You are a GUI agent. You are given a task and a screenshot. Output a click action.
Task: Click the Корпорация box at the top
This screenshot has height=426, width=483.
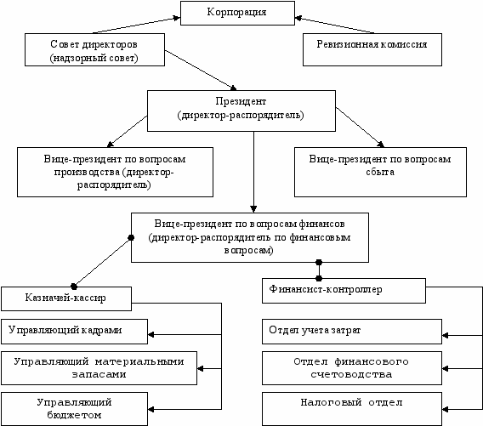237,13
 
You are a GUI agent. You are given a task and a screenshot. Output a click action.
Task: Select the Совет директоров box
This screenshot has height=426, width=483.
94,49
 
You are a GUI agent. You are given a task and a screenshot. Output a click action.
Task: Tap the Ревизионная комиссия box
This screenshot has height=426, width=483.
372,49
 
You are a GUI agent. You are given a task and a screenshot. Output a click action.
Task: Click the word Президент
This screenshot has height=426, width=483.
241,101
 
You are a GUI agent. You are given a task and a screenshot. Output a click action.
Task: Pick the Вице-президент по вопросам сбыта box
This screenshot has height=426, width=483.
380,172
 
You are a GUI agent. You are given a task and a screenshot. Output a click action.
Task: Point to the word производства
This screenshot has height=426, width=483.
88,173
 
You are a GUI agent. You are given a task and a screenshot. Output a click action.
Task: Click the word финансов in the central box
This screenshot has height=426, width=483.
321,224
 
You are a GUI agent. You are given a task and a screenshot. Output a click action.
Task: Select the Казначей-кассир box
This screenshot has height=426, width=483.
66,298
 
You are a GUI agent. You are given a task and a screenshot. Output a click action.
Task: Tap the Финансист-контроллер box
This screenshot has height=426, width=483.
344,291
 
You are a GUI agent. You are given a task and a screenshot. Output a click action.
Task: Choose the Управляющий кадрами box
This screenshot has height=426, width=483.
74,332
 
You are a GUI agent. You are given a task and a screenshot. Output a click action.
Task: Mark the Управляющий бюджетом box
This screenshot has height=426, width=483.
74,409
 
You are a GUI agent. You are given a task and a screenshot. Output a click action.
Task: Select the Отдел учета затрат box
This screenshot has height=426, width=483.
352,332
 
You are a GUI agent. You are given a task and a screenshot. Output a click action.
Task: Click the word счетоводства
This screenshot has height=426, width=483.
351,375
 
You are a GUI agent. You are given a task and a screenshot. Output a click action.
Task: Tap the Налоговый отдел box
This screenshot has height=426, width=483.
352,409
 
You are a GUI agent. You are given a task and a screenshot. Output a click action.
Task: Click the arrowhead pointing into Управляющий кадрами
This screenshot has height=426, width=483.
151,334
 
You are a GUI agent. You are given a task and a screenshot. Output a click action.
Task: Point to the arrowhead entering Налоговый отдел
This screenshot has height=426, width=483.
445,409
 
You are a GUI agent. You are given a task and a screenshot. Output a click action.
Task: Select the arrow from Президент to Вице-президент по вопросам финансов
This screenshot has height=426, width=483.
253,173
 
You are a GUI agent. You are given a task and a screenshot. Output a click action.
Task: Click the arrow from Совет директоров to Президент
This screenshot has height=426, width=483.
201,71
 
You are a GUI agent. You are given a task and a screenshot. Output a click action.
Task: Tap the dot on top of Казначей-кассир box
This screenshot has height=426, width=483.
74,287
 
